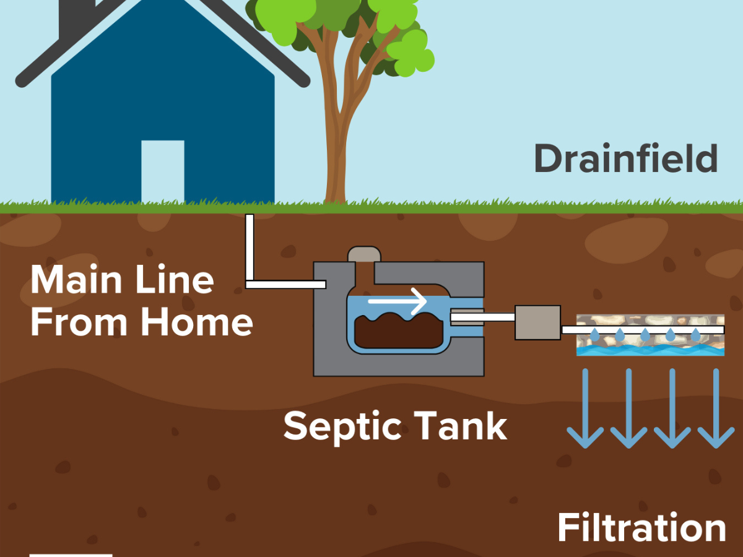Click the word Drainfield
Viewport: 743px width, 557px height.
point(625,159)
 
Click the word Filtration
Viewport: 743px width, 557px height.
point(641,529)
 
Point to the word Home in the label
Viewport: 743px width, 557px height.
point(196,322)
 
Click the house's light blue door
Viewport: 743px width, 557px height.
point(163,171)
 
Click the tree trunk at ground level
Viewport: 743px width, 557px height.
point(335,192)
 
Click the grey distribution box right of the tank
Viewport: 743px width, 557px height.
point(537,322)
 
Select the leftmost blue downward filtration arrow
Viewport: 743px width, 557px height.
point(585,408)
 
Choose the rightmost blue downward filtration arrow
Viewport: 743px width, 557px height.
point(716,408)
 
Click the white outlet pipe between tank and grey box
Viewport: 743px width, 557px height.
point(483,317)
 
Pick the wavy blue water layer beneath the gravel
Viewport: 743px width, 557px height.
point(650,350)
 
